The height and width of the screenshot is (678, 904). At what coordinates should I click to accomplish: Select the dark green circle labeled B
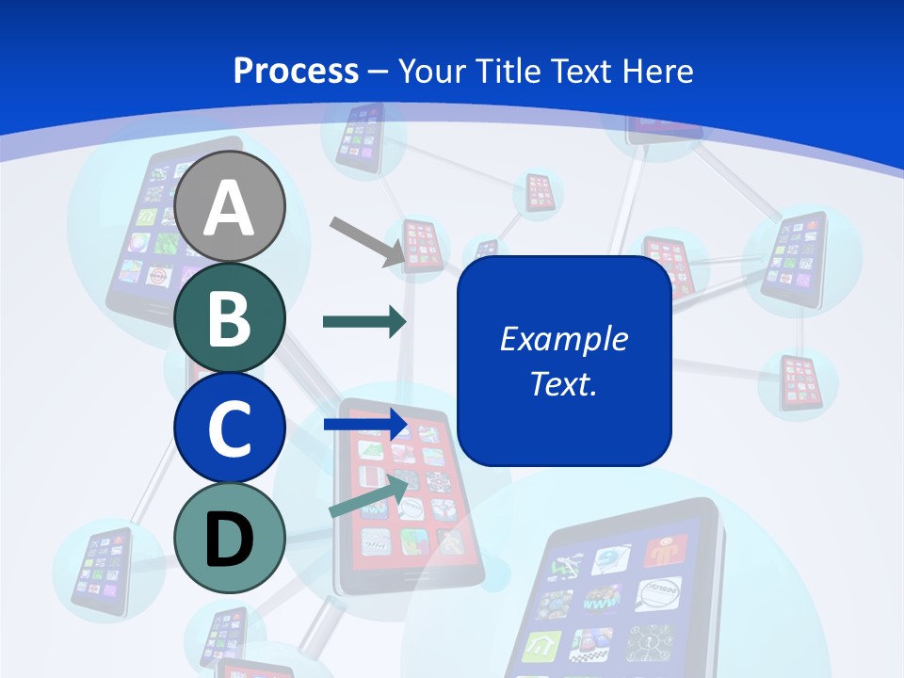[230, 317]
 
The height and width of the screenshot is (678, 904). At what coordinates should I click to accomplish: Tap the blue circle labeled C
[230, 428]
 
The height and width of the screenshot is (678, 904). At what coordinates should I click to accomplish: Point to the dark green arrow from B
[363, 322]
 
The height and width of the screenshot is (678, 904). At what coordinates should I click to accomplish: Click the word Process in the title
[296, 71]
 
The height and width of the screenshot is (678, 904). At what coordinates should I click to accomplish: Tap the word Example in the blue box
[563, 339]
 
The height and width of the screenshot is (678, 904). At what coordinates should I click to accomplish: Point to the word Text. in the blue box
[563, 383]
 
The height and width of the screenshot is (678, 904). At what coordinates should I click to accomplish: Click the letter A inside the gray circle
[230, 207]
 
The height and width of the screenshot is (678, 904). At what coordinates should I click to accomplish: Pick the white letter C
[230, 428]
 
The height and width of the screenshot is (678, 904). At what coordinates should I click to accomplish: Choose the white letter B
[230, 317]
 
